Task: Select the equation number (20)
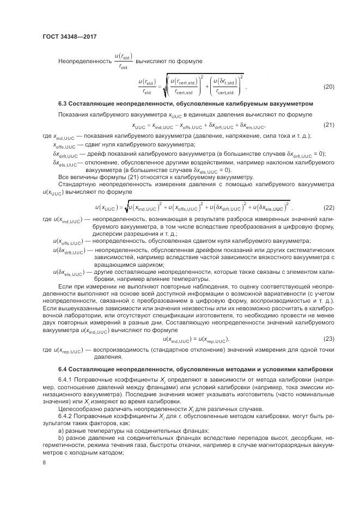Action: click(328, 87)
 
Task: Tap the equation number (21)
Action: click(328, 125)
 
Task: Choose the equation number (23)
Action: click(328, 338)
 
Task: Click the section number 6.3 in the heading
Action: click(63, 103)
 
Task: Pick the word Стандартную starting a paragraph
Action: click(77, 185)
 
